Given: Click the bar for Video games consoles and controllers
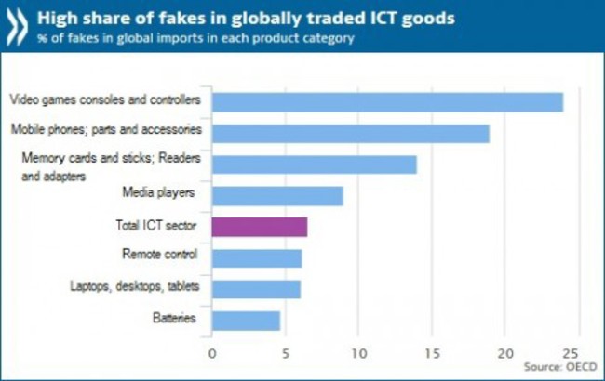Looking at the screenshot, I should [x=387, y=101].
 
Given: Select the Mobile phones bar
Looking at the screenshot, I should [x=350, y=133].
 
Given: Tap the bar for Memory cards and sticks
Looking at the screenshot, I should [x=314, y=164].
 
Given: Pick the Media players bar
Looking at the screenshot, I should [x=277, y=195].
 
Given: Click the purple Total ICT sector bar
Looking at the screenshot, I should [x=259, y=227].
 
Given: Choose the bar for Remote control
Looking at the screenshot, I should [x=256, y=257].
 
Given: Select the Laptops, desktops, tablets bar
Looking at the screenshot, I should [x=256, y=289].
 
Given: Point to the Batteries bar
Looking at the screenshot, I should [x=246, y=321].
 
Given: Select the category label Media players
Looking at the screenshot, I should [x=158, y=193].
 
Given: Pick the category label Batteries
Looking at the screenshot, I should [x=174, y=319].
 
